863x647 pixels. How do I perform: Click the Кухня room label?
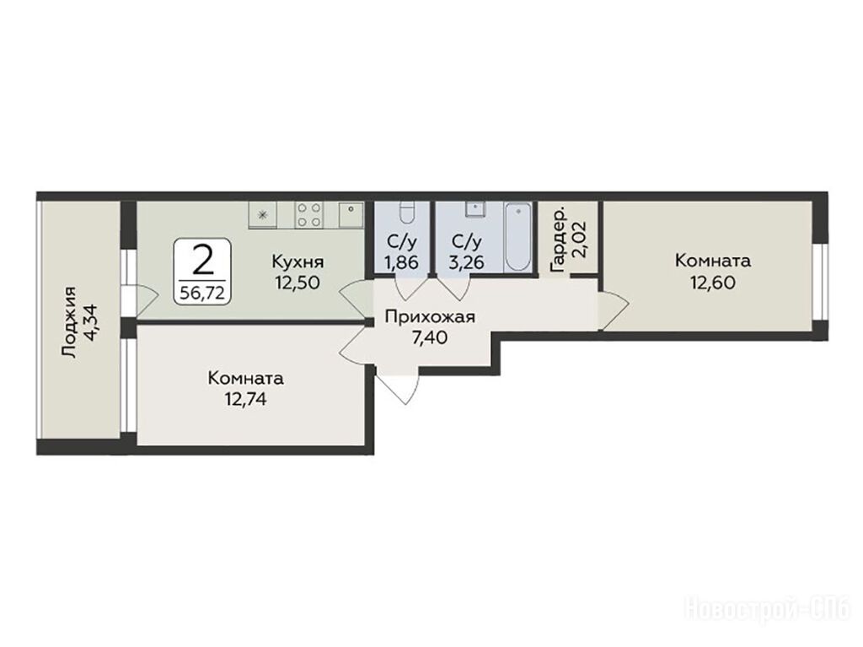point(297,261)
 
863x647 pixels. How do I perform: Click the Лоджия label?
point(70,323)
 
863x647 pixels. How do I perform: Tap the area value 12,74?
point(245,398)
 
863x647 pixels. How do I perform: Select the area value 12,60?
point(713,283)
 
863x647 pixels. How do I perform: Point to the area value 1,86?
point(402,262)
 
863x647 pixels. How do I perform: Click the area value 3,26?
point(466,262)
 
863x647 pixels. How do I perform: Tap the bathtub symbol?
point(518,237)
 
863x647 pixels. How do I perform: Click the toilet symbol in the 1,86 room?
point(406,213)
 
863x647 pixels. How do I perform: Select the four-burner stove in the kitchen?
point(308,215)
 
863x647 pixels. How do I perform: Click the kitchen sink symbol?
point(351,214)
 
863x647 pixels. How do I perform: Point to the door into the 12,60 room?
point(614,311)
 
